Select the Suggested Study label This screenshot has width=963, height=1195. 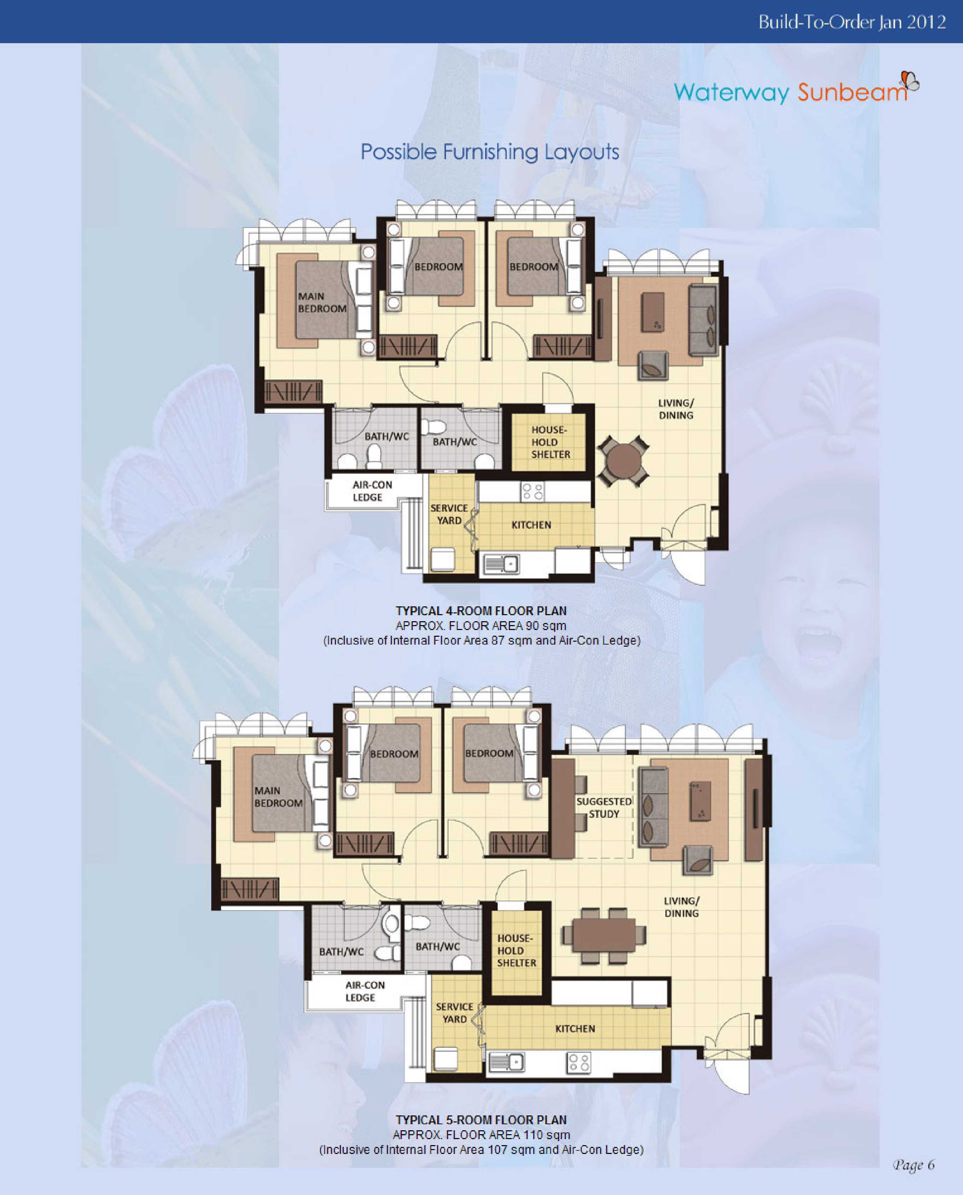[604, 808]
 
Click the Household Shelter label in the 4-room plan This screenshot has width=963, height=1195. [550, 442]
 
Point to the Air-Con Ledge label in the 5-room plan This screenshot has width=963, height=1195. [365, 991]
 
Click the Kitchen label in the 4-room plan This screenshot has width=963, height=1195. [531, 525]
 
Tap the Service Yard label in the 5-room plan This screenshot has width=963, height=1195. [454, 1012]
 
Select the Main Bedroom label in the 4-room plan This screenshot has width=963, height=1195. [322, 302]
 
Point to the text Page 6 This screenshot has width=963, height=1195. [913, 1165]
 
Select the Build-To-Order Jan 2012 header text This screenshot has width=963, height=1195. [852, 22]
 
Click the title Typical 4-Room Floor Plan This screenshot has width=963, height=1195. [481, 611]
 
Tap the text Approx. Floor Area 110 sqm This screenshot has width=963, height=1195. [481, 1135]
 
